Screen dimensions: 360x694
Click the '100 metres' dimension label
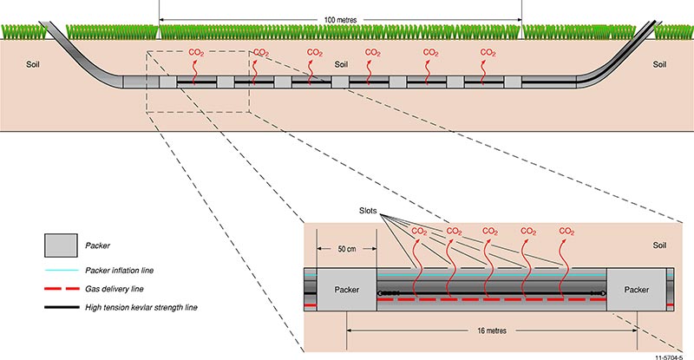[x=340, y=18]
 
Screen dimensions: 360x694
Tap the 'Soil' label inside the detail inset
[x=661, y=246]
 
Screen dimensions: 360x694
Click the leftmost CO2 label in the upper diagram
[x=197, y=53]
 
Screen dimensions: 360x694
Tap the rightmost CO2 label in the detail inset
[x=566, y=232]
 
